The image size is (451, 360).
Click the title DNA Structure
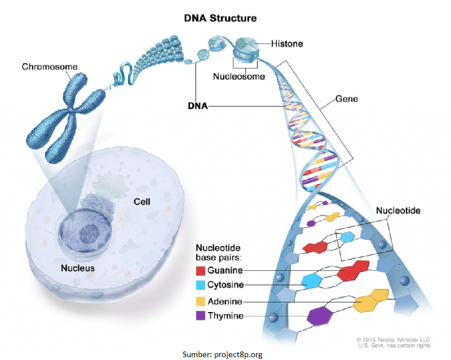[x=220, y=18]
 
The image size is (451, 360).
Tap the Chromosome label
[x=50, y=67]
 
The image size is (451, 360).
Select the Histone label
[x=288, y=43]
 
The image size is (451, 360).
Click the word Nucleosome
[x=238, y=76]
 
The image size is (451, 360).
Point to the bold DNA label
[x=197, y=105]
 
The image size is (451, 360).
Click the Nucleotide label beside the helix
[x=398, y=210]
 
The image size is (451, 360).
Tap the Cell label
[x=142, y=201]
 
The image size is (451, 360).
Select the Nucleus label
[x=78, y=268]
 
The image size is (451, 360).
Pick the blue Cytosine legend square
[x=200, y=285]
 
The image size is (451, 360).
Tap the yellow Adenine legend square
[x=200, y=301]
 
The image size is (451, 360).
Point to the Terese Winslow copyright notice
[x=395, y=341]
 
